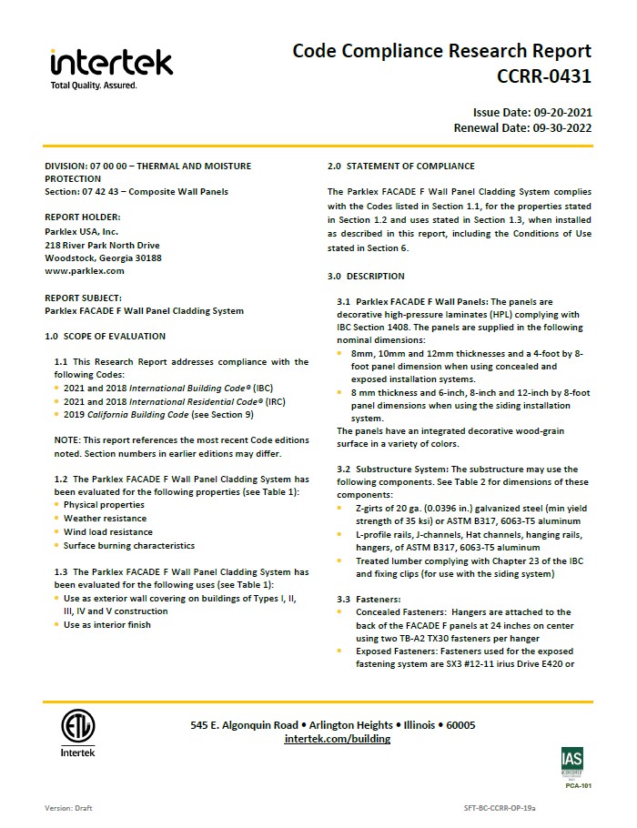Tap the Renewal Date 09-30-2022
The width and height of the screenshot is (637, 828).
click(522, 128)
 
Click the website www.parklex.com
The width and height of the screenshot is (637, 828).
click(85, 270)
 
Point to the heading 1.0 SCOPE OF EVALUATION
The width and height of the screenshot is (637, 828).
click(106, 336)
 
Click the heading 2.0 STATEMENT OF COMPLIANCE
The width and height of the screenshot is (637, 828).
click(401, 166)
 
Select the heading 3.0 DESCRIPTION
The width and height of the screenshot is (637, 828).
click(366, 276)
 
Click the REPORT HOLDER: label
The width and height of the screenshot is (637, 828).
click(83, 217)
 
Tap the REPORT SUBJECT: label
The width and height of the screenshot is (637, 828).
click(85, 297)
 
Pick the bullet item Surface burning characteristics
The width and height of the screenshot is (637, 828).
click(128, 545)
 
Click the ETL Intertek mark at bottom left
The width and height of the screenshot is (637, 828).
click(77, 733)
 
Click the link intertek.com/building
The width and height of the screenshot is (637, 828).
click(338, 739)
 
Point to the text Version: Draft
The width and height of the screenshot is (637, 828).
click(68, 808)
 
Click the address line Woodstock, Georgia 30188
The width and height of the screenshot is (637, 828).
click(103, 257)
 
